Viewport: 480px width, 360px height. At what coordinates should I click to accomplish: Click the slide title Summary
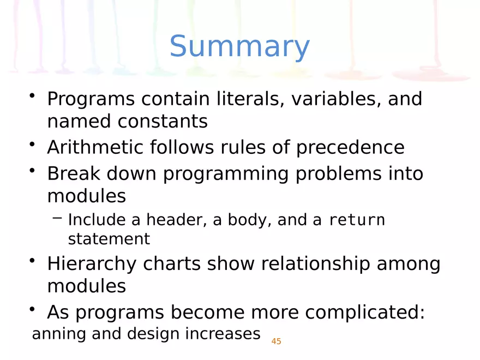click(x=239, y=47)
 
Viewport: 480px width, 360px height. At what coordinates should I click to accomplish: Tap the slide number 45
click(x=276, y=341)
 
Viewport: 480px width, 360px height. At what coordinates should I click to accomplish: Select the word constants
click(x=163, y=121)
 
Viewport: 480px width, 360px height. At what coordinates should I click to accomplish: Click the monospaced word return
click(x=357, y=220)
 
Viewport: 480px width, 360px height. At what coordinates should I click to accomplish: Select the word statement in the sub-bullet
click(x=109, y=239)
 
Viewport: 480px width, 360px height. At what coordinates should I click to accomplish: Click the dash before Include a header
click(x=57, y=219)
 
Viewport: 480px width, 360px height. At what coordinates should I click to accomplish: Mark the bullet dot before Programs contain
click(x=33, y=96)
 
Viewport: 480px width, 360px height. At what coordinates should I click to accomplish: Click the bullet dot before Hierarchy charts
click(x=33, y=261)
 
